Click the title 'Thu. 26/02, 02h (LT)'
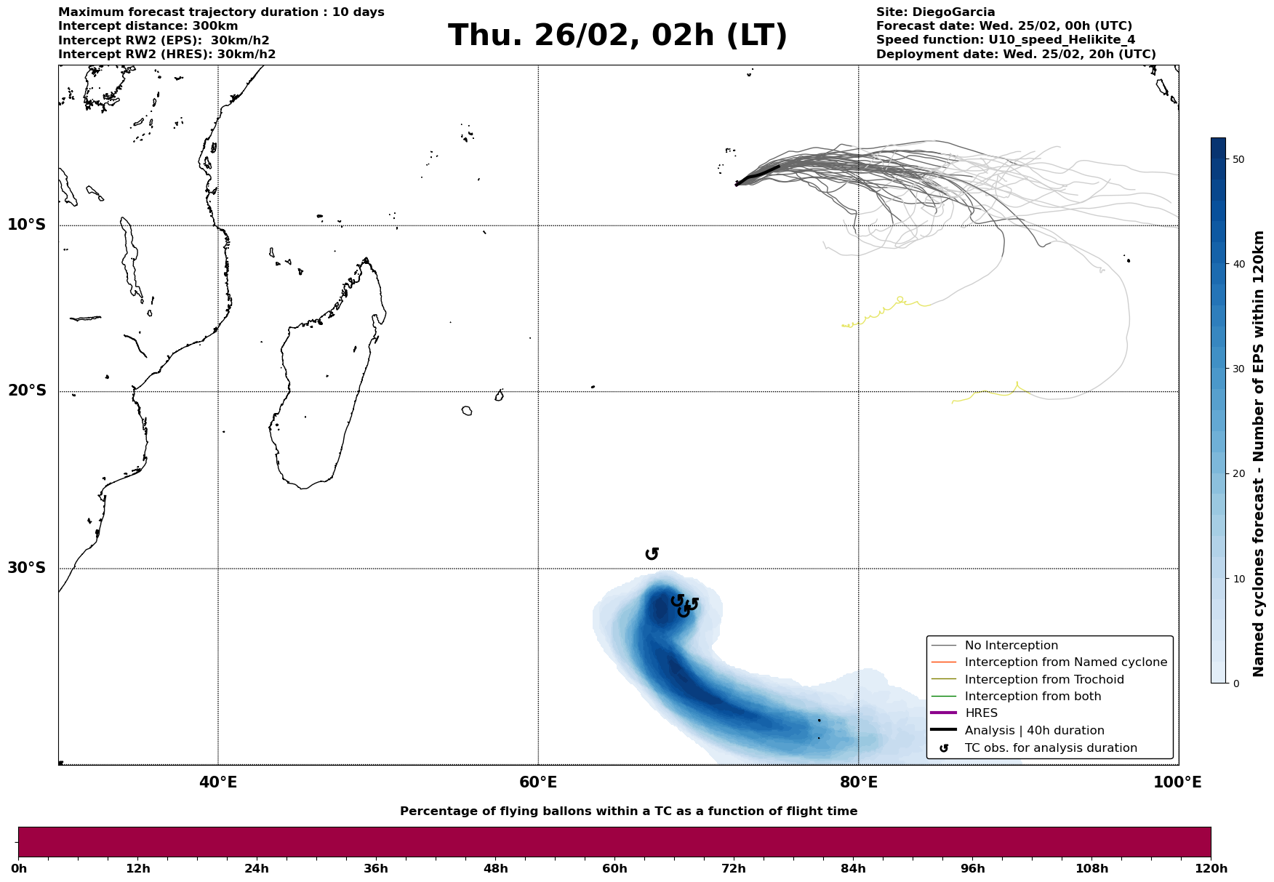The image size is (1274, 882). pyautogui.click(x=617, y=36)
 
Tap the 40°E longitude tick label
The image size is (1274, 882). pyautogui.click(x=218, y=782)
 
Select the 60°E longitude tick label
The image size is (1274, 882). pyautogui.click(x=538, y=782)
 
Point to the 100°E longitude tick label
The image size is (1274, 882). pyautogui.click(x=1177, y=782)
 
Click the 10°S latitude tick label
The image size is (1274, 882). pyautogui.click(x=27, y=225)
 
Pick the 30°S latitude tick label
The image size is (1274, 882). pyautogui.click(x=27, y=568)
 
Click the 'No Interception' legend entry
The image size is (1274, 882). pyautogui.click(x=1011, y=646)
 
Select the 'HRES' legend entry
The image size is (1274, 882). pyautogui.click(x=981, y=713)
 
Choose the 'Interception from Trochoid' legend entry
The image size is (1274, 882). pyautogui.click(x=1044, y=680)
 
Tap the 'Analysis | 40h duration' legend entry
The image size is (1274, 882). pyautogui.click(x=1034, y=731)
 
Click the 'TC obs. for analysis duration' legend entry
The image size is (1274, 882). pyautogui.click(x=1051, y=748)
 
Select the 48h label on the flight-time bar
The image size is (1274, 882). pyautogui.click(x=496, y=869)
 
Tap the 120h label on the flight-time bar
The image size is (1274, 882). pyautogui.click(x=1211, y=869)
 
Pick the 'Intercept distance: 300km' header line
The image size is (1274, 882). pyautogui.click(x=148, y=26)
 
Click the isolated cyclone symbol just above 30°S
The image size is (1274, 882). pyautogui.click(x=652, y=554)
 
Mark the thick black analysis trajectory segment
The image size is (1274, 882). pyautogui.click(x=758, y=175)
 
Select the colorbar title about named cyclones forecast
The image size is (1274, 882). pyautogui.click(x=1259, y=454)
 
